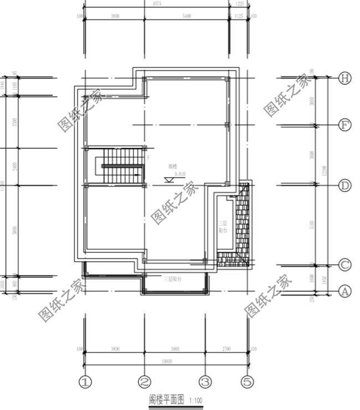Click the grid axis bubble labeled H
coord(344,79)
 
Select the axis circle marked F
coord(344,126)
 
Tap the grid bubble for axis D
coord(344,185)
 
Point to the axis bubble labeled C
coord(344,266)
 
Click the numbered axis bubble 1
coord(84,382)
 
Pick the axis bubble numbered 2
coord(145,382)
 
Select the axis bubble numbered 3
coord(205,382)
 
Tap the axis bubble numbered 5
coord(248,382)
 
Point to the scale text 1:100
coord(196,400)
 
